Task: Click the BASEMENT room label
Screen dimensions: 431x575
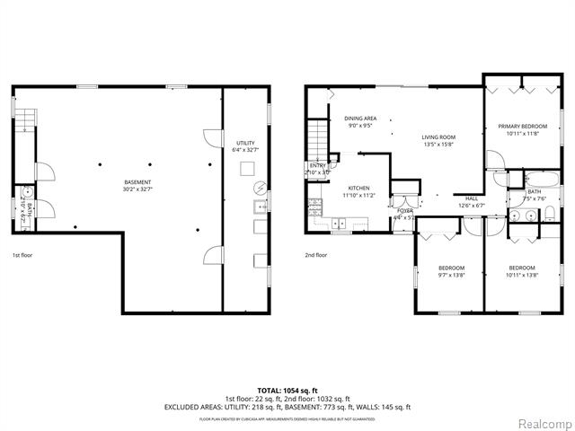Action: (137, 182)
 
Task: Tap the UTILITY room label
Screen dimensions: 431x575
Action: (245, 143)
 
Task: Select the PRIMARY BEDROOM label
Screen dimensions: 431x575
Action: (526, 127)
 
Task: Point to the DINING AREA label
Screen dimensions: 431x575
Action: (360, 119)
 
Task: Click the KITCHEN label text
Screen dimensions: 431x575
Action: (359, 188)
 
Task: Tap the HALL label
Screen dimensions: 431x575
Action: (472, 198)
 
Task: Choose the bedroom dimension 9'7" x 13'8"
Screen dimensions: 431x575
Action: (451, 275)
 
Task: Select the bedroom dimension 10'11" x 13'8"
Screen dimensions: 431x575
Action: (522, 275)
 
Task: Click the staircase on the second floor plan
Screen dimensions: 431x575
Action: (320, 139)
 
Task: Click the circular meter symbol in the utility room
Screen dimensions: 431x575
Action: (260, 189)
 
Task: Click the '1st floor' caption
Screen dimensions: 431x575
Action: (23, 255)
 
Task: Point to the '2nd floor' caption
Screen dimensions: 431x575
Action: (316, 255)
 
